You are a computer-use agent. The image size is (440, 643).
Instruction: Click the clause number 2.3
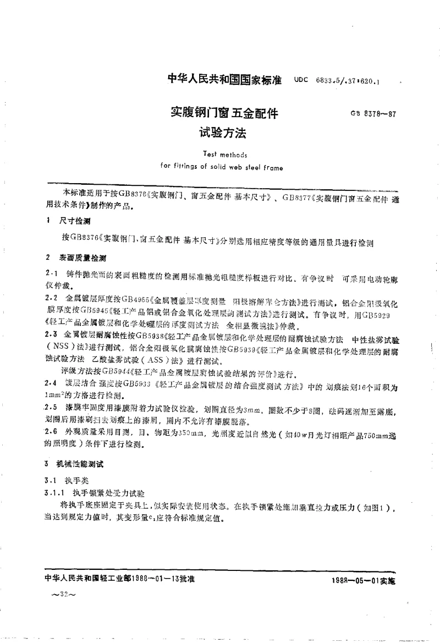(51, 334)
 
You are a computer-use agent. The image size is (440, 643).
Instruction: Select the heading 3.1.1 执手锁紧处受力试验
(102, 491)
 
